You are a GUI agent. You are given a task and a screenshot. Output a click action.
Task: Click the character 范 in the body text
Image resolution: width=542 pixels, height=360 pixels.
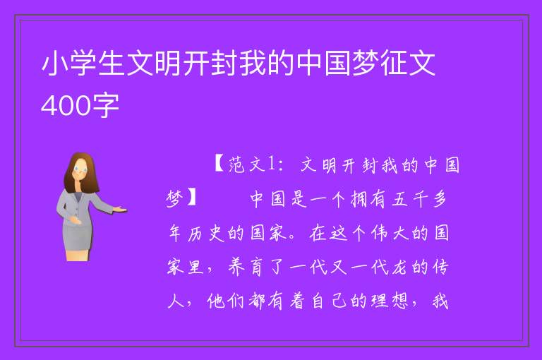[236, 164]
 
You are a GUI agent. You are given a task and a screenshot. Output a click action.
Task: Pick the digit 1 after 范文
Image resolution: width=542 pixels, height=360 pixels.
[271, 164]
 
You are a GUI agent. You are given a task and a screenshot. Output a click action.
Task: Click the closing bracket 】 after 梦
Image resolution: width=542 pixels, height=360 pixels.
[191, 198]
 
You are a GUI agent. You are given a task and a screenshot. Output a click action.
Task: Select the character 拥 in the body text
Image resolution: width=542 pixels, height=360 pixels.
[359, 199]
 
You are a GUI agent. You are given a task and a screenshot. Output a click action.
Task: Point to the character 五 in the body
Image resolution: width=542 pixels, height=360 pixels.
[399, 199]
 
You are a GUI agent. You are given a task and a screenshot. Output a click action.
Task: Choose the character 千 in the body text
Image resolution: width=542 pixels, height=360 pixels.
[421, 199]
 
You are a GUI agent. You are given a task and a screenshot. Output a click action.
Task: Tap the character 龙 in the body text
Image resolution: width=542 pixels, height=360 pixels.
[399, 267]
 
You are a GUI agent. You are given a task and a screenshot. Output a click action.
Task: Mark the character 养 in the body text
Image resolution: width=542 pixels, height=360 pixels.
[236, 267]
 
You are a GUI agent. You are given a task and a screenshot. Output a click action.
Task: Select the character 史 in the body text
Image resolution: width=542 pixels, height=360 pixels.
[217, 233]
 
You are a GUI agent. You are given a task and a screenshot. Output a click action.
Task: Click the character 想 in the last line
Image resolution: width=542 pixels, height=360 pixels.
[399, 301]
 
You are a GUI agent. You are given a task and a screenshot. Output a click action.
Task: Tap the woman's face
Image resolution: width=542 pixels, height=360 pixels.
[80, 170]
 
